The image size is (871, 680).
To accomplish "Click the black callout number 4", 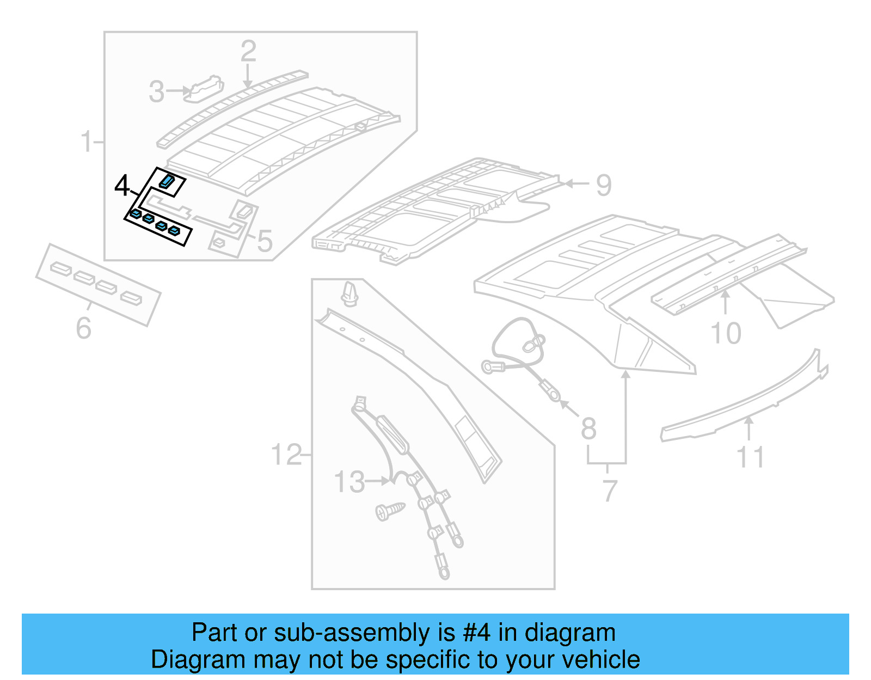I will tap(122, 186).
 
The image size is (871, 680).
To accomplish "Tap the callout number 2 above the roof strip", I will tap(248, 52).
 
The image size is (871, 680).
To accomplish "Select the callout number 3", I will tap(156, 91).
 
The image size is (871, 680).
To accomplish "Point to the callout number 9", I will tap(604, 185).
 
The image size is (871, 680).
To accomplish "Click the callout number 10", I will tap(726, 333).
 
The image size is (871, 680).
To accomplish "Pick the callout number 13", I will tap(349, 482).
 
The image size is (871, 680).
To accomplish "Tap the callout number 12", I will tap(286, 455).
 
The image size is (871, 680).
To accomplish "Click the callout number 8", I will tap(588, 428).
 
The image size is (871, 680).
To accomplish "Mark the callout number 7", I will tap(610, 491).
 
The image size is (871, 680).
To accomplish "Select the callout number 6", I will tap(83, 328).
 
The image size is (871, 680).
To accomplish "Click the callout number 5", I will tap(265, 241).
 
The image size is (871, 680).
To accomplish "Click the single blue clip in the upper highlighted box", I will tap(167, 181).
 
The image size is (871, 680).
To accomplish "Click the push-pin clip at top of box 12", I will tap(349, 295).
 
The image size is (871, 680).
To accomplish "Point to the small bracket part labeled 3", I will tap(204, 89).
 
